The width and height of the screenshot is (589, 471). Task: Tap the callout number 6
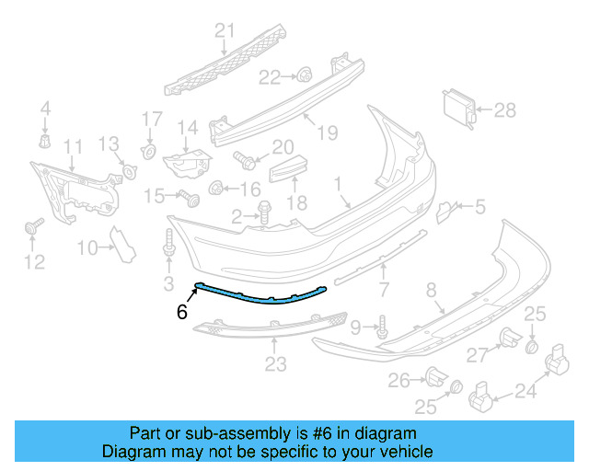182,313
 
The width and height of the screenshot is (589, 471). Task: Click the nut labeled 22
303,75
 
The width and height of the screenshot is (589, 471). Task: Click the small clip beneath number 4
44,141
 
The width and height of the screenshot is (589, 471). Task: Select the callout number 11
72,146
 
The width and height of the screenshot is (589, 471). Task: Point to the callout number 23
275,365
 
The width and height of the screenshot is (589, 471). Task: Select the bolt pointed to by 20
244,158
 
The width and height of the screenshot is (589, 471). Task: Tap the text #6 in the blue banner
354,433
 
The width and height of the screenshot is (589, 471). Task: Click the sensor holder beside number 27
510,339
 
